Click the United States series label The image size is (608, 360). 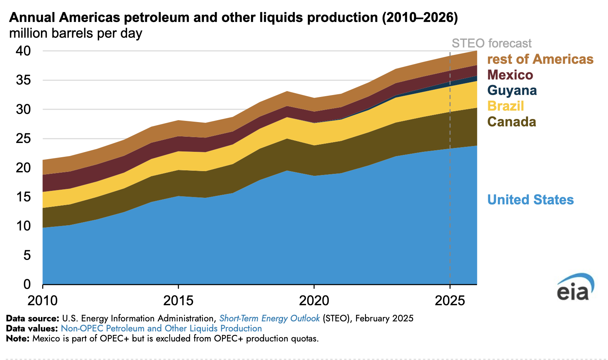530,200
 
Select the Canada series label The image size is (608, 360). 511,122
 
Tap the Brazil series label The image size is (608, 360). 505,106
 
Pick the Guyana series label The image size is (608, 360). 512,90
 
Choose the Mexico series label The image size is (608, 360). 510,75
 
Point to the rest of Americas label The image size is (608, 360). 540,59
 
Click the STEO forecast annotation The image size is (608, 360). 491,43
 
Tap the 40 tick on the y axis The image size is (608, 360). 23,51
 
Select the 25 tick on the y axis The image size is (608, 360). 23,138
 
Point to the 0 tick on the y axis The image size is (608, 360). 27,284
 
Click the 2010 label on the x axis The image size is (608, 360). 42,301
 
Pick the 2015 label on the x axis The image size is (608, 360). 178,301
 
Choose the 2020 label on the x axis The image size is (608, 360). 314,301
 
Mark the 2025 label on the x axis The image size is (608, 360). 450,301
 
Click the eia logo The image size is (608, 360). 574,288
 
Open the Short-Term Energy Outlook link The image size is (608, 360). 269,318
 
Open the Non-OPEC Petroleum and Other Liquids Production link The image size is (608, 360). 161,328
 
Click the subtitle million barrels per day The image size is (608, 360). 76,33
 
